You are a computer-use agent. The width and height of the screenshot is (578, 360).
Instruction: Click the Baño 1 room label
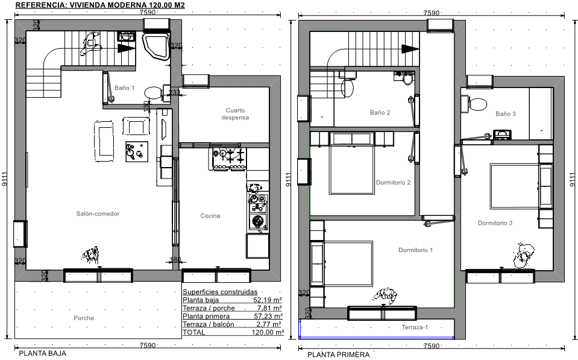125,88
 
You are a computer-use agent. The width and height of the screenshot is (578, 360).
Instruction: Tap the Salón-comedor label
98,213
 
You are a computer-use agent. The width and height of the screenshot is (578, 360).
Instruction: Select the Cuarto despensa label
235,114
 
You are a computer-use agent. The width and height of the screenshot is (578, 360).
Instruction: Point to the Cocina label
210,216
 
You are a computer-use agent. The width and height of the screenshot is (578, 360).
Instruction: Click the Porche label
84,318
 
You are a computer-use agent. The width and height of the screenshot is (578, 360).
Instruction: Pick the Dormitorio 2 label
394,183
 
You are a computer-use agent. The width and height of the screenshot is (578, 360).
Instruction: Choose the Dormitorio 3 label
495,223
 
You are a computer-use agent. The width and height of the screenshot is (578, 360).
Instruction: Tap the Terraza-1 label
415,327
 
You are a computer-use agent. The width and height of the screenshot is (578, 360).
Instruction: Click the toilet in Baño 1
153,92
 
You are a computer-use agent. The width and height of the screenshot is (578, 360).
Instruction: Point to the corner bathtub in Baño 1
156,46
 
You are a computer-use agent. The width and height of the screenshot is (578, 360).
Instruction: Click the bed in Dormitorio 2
352,169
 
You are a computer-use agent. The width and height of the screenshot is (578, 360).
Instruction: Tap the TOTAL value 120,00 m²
268,332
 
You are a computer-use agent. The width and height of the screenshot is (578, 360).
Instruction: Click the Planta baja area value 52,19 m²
268,300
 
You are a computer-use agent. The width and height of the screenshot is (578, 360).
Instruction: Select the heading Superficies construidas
220,292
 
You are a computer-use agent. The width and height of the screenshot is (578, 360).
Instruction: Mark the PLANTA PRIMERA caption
338,355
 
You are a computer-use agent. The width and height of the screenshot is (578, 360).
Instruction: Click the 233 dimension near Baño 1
174,92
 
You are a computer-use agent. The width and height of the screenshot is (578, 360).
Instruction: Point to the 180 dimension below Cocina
175,259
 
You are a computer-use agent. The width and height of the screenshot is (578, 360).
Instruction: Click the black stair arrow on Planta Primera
410,49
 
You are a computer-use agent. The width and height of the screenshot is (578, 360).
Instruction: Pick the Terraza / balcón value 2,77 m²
269,324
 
